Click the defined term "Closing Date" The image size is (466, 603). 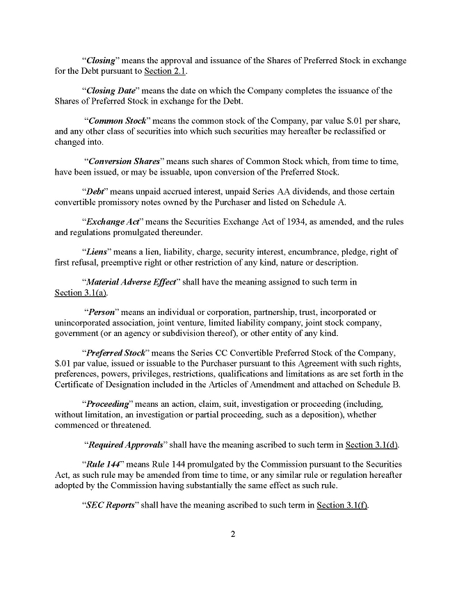click(110, 90)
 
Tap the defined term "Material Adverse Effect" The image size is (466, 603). click(130, 282)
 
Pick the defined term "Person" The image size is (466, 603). click(102, 312)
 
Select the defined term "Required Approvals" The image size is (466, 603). click(125, 444)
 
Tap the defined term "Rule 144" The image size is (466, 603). click(101, 464)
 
